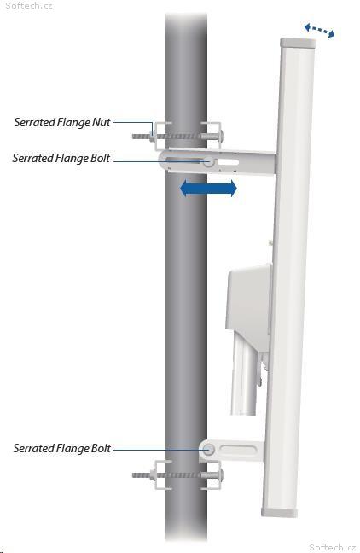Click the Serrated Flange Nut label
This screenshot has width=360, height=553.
[x=62, y=122]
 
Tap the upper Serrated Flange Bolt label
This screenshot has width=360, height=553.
[x=61, y=158]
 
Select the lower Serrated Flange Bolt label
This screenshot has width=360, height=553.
[x=62, y=448]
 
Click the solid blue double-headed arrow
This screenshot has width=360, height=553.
[x=208, y=188]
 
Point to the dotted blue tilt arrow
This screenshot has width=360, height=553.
[x=319, y=31]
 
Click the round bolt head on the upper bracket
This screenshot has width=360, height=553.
[x=208, y=162]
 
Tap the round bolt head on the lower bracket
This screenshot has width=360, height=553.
[x=208, y=450]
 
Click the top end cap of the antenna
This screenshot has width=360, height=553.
[x=299, y=43]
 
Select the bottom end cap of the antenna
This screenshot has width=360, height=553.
[x=280, y=513]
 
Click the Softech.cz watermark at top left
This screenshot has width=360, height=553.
[x=29, y=6]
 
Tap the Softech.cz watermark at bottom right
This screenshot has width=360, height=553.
[x=333, y=547]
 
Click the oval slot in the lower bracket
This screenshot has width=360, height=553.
[x=238, y=450]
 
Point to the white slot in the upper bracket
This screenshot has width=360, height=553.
[x=228, y=162]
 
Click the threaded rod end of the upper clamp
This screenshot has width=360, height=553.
[x=142, y=137]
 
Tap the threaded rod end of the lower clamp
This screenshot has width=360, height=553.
[x=142, y=475]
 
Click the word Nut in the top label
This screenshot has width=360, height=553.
[x=102, y=122]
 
